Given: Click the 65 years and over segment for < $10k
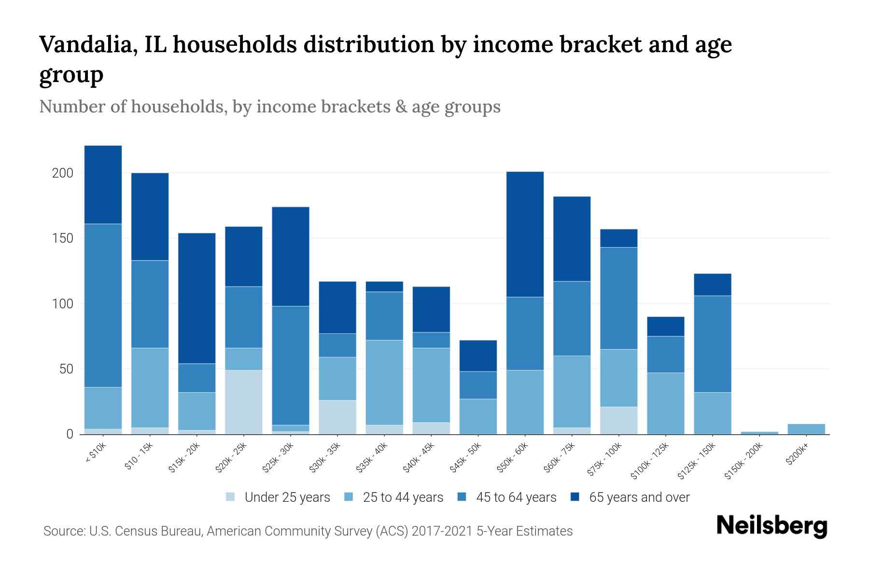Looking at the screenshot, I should click(x=103, y=184).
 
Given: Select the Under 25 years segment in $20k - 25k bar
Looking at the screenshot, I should click(x=244, y=402).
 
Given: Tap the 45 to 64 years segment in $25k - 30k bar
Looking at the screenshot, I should click(x=291, y=365).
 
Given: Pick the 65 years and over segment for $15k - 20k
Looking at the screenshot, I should click(x=197, y=298).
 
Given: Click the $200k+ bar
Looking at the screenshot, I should click(x=806, y=429).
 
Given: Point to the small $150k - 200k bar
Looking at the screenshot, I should click(x=759, y=433).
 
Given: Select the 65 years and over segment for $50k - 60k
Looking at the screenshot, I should click(x=525, y=234).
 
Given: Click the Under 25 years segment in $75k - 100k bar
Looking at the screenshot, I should click(x=618, y=420).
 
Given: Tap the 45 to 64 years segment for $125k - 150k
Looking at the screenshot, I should click(x=713, y=344).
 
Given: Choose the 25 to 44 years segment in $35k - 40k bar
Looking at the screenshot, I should click(x=384, y=382).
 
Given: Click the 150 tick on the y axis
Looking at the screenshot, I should click(x=62, y=238).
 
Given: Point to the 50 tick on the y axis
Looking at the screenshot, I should click(x=66, y=369).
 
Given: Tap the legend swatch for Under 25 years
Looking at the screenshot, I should click(x=231, y=496).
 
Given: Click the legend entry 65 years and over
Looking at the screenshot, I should click(x=639, y=497).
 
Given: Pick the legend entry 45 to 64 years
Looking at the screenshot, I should click(x=516, y=497).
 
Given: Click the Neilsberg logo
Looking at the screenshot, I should click(x=771, y=526).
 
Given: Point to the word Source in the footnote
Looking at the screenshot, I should click(x=63, y=531).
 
